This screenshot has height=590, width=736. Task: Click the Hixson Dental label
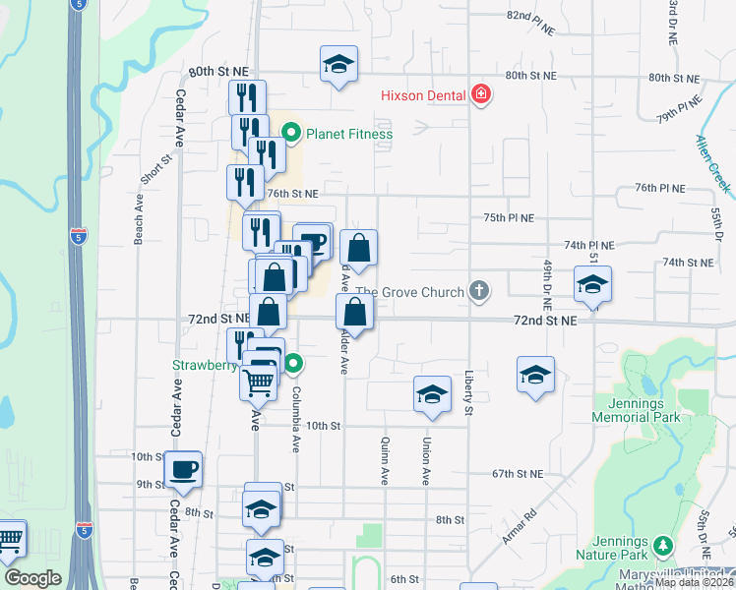coord(424,95)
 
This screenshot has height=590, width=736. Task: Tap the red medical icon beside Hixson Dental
coord(481,94)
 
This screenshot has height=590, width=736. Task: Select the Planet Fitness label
coord(348,134)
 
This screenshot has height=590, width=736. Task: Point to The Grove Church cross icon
coord(479,290)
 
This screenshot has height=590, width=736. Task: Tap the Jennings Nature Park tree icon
coord(664,546)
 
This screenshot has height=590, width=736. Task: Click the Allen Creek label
coord(713,163)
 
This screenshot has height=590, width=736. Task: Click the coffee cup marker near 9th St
coord(182,470)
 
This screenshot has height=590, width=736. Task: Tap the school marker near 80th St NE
coord(338,65)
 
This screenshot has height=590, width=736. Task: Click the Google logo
coord(32,578)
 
